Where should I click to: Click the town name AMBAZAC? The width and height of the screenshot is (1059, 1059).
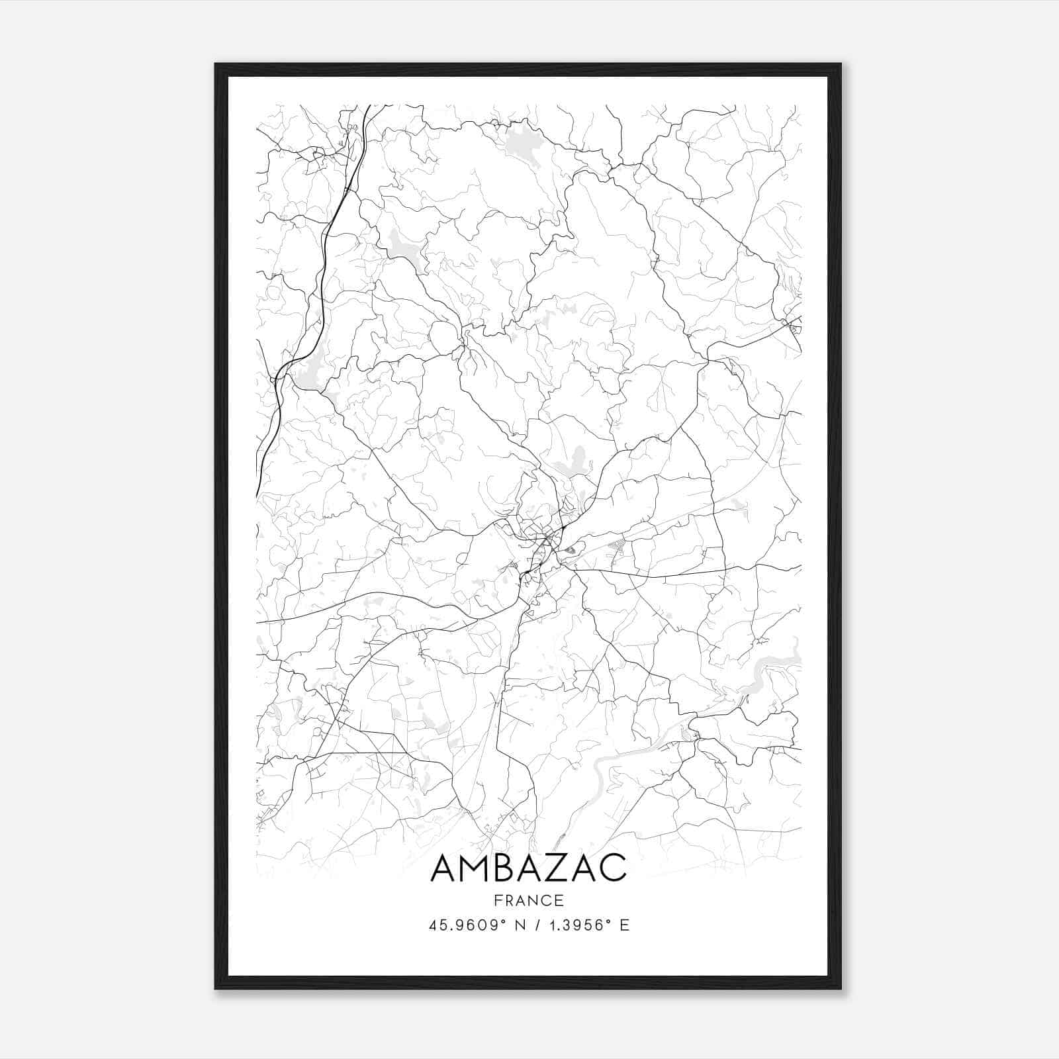(x=528, y=868)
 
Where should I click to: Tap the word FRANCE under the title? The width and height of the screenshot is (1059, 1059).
(x=529, y=900)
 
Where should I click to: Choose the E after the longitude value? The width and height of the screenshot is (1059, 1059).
(x=624, y=925)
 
